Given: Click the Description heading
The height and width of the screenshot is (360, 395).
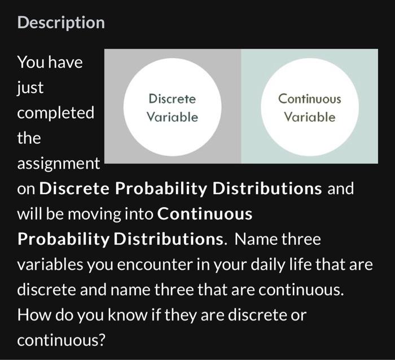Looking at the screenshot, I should [61, 23].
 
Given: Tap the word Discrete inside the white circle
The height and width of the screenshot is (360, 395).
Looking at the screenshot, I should [172, 99].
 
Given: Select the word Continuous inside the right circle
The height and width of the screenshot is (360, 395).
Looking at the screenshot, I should [309, 99].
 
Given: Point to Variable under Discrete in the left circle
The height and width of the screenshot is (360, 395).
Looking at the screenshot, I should [172, 117].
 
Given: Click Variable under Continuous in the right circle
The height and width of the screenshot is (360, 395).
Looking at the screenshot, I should [309, 117].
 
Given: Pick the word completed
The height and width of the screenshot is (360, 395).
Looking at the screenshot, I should [55, 113].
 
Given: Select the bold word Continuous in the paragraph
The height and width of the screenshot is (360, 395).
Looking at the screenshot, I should [205, 214].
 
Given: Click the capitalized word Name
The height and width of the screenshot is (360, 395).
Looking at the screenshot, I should [254, 239].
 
